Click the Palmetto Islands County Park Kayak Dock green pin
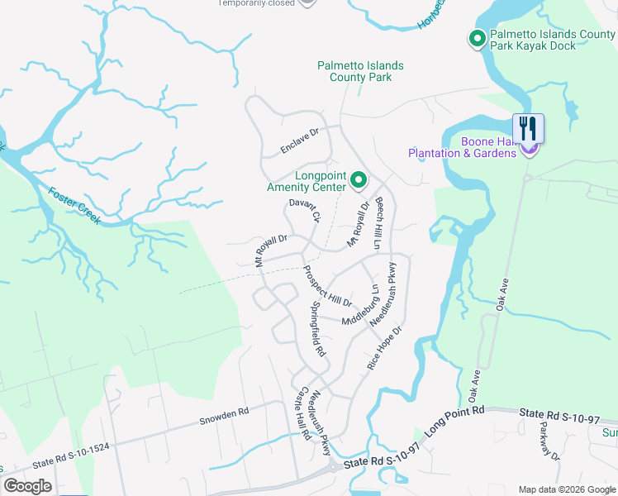(x=477, y=39)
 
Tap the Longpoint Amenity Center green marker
(x=359, y=179)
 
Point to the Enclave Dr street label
(x=299, y=141)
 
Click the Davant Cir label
(x=304, y=210)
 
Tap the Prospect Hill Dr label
(x=328, y=285)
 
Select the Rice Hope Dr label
(x=384, y=347)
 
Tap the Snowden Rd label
(x=223, y=417)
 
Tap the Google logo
(x=27, y=485)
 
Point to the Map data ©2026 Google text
(x=566, y=489)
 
